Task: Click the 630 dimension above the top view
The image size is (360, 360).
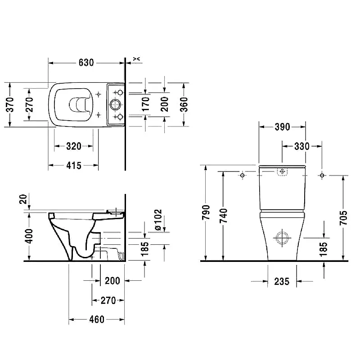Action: click(86, 63)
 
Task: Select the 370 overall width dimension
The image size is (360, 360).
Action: click(10, 104)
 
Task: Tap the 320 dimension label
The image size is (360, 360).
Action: click(74, 146)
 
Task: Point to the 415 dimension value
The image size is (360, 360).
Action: click(74, 165)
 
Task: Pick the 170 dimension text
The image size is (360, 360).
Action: click(145, 104)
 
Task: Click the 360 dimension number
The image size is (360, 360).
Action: click(184, 104)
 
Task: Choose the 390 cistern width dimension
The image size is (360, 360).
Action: click(283, 127)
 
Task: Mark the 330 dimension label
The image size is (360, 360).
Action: click(301, 146)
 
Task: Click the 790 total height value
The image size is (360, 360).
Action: click(206, 212)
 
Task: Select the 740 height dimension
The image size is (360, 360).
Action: click(223, 216)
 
